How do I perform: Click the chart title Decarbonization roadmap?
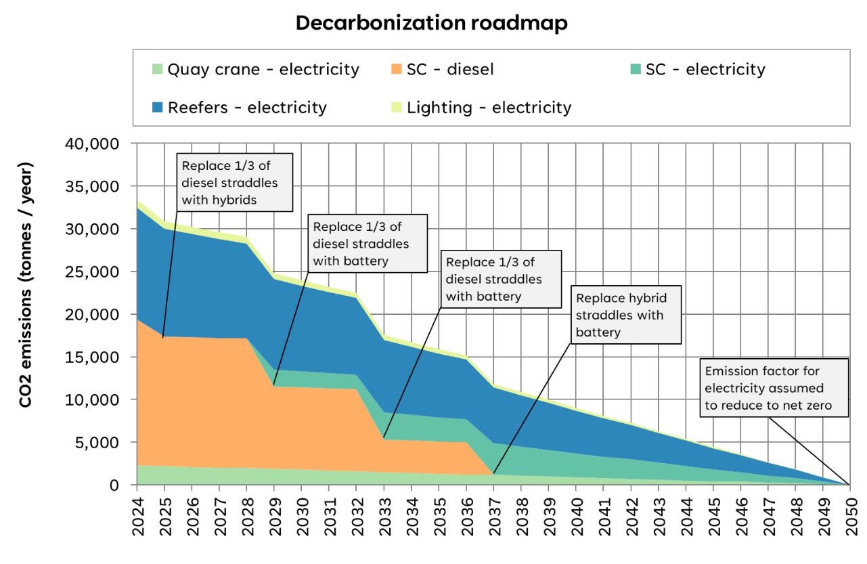click(x=432, y=23)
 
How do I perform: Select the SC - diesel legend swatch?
click(x=396, y=69)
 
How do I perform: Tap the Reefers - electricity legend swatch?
click(x=157, y=108)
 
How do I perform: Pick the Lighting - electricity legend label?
click(x=489, y=108)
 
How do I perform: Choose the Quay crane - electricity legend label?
click(x=263, y=69)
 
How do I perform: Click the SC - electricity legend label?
click(x=705, y=69)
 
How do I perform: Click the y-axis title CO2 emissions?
click(x=26, y=284)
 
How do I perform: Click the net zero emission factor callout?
click(x=773, y=388)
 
